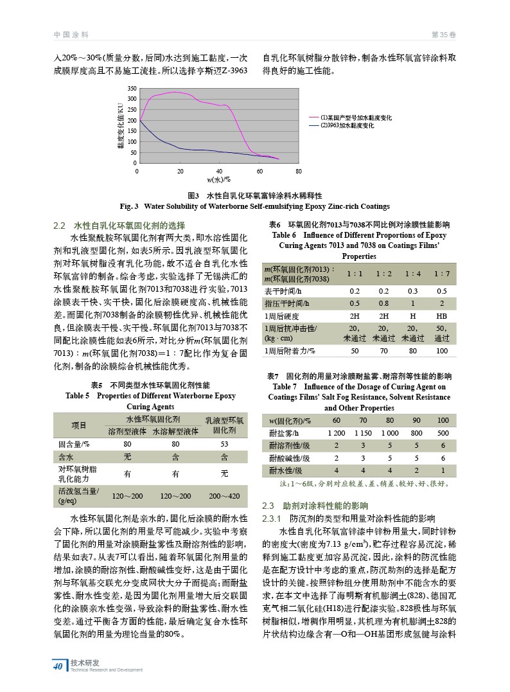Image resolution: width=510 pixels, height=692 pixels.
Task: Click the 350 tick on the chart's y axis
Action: point(132,87)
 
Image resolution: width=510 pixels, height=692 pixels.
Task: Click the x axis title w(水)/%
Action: point(218,179)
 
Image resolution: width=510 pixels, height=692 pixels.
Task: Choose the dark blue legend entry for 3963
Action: point(347,125)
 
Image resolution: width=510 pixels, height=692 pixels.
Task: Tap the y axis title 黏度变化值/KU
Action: point(119,126)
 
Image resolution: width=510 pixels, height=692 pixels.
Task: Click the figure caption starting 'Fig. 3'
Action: point(254,206)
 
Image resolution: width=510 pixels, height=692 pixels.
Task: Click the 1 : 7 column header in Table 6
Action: point(441,274)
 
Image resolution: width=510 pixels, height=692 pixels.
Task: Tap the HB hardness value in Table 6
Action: point(441,316)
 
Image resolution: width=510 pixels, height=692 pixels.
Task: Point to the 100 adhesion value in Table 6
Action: point(441,351)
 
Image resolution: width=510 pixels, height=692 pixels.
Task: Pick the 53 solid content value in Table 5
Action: point(224,443)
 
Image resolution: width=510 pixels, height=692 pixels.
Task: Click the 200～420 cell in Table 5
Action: point(224,496)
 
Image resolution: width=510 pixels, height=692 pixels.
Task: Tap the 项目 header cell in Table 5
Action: point(79,425)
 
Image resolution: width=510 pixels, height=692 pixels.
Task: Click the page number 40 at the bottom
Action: point(58,666)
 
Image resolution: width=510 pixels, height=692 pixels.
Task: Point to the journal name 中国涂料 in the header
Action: point(71,34)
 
